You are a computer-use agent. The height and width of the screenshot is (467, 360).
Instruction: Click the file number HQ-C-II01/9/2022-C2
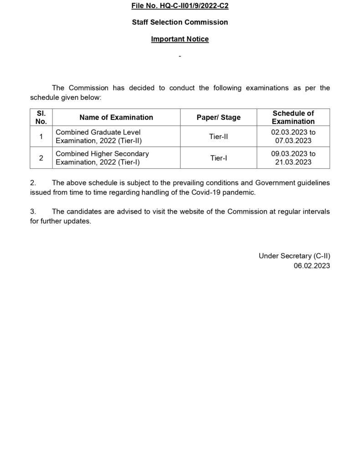pyautogui.click(x=180, y=5)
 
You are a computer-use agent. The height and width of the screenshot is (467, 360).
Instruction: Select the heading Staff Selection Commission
pyautogui.click(x=180, y=22)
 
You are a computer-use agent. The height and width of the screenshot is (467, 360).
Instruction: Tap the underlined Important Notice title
pyautogui.click(x=180, y=39)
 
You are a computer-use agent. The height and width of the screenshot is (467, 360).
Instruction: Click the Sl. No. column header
pyautogui.click(x=41, y=117)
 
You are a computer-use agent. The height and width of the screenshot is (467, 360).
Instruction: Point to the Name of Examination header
pyautogui.click(x=116, y=117)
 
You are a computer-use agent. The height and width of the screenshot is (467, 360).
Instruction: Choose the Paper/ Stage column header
pyautogui.click(x=218, y=117)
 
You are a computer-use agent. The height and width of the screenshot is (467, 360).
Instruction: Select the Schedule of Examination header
pyautogui.click(x=293, y=117)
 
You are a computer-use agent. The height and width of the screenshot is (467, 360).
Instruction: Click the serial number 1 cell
pyautogui.click(x=41, y=136)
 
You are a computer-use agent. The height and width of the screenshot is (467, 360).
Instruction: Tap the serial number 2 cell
pyautogui.click(x=41, y=158)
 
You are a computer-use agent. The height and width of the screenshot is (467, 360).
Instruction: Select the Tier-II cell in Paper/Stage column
pyautogui.click(x=218, y=136)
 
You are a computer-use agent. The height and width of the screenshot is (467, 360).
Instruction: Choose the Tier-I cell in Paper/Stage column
pyautogui.click(x=218, y=158)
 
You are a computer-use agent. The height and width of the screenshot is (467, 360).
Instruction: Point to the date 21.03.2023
pyautogui.click(x=293, y=162)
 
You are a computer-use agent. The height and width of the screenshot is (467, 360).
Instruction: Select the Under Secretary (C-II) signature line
pyautogui.click(x=294, y=256)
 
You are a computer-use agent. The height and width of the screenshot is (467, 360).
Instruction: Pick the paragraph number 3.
pyautogui.click(x=32, y=212)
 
